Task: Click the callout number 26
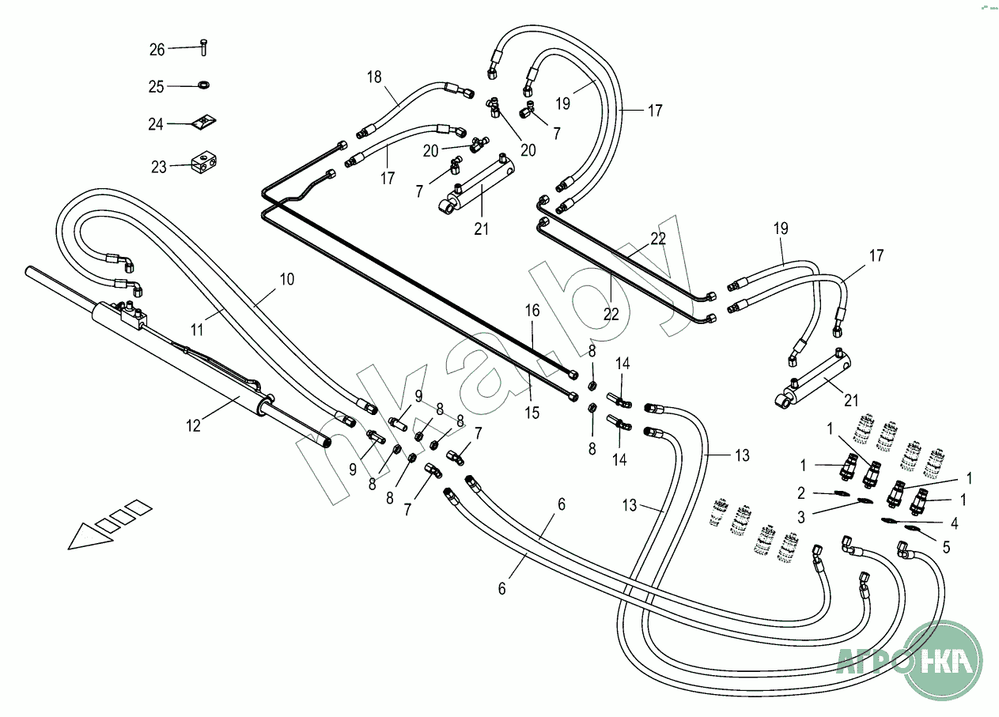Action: pyautogui.click(x=157, y=50)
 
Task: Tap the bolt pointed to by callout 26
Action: pyautogui.click(x=203, y=47)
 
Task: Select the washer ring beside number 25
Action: pyautogui.click(x=204, y=85)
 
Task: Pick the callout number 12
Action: pyautogui.click(x=194, y=425)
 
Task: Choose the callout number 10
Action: pyautogui.click(x=286, y=279)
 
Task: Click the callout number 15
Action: pyautogui.click(x=532, y=412)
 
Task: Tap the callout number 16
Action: pyautogui.click(x=532, y=311)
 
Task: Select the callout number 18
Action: pyautogui.click(x=374, y=77)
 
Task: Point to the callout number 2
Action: pyautogui.click(x=800, y=493)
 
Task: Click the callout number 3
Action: pyautogui.click(x=800, y=517)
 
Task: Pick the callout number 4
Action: pyautogui.click(x=955, y=523)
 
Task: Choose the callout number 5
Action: pyautogui.click(x=946, y=546)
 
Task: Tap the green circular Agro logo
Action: pyautogui.click(x=941, y=659)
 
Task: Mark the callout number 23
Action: pyautogui.click(x=159, y=167)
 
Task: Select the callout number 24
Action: pyautogui.click(x=156, y=124)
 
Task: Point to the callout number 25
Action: pyautogui.click(x=156, y=87)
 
